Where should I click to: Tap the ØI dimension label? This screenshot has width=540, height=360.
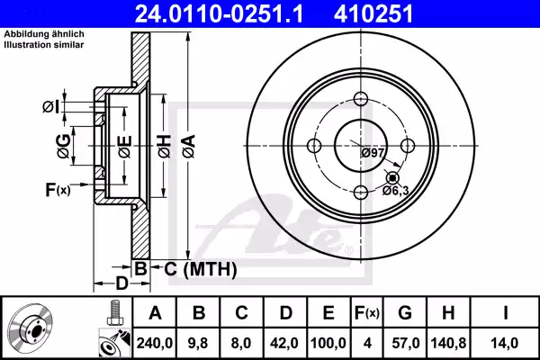pyautogui.click(x=50, y=108)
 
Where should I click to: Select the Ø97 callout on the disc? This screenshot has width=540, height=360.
pyautogui.click(x=373, y=152)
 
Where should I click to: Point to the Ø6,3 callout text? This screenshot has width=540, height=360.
pyautogui.click(x=396, y=190)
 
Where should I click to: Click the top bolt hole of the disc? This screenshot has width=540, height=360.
pyautogui.click(x=360, y=100)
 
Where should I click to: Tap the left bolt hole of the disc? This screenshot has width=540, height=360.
pyautogui.click(x=314, y=146)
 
